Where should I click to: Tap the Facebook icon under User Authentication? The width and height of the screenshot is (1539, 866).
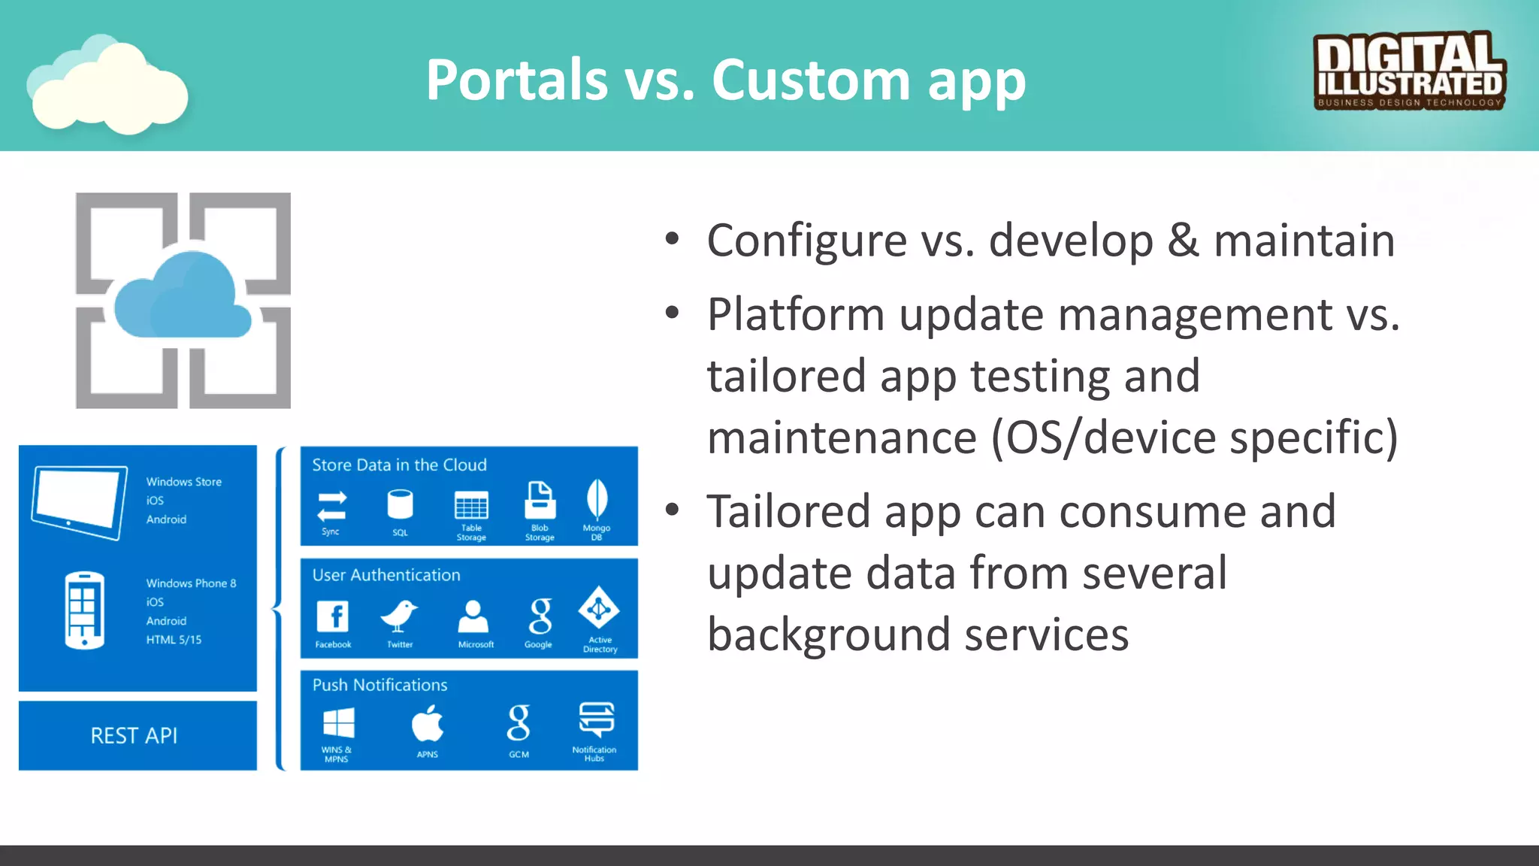(333, 617)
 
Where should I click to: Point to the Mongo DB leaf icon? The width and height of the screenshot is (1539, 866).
(597, 499)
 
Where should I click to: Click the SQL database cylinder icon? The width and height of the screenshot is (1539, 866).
(400, 504)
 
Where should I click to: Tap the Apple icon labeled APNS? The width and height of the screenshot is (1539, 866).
(428, 724)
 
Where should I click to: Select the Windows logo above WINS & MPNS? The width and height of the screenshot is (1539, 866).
(338, 724)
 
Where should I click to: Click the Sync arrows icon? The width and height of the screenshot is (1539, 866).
(331, 506)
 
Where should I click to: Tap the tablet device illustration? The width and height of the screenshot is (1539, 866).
(80, 502)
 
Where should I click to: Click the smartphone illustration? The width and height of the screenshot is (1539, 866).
(84, 610)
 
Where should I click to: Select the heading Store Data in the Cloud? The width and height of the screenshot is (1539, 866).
(399, 465)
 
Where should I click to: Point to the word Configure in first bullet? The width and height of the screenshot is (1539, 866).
(806, 241)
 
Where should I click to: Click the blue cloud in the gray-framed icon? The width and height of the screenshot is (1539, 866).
(183, 296)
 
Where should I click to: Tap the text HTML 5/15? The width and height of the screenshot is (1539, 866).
(174, 640)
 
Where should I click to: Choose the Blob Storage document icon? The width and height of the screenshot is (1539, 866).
(540, 501)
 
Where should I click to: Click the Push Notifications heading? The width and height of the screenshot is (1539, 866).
(379, 685)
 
